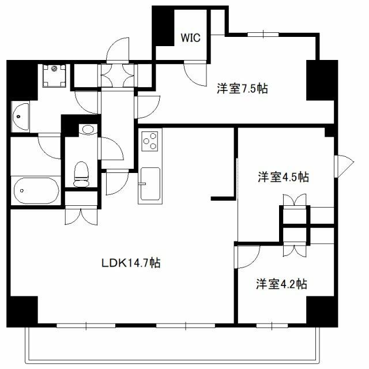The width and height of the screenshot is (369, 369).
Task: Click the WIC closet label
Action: click(190, 37)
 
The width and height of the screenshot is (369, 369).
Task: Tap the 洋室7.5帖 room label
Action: click(242, 88)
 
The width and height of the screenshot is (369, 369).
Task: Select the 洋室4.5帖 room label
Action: click(283, 177)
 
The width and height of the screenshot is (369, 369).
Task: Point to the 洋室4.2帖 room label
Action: click(281, 284)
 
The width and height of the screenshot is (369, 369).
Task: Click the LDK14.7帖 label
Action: click(131, 263)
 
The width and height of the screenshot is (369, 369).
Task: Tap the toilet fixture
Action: click(81, 174)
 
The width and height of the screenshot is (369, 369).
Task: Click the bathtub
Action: click(36, 191)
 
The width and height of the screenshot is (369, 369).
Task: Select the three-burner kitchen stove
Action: click(150, 141)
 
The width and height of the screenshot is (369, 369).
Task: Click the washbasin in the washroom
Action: click(21, 116)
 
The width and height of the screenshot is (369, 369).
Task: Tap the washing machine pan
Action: click(54, 76)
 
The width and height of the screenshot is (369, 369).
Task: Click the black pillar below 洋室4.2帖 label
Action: click(322, 311)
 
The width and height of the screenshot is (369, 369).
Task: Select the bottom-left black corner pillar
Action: click(22, 311)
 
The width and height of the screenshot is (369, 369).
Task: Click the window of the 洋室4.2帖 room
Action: click(272, 326)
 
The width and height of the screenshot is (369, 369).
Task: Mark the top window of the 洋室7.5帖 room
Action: click(263, 35)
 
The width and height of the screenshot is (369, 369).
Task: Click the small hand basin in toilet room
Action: click(88, 129)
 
